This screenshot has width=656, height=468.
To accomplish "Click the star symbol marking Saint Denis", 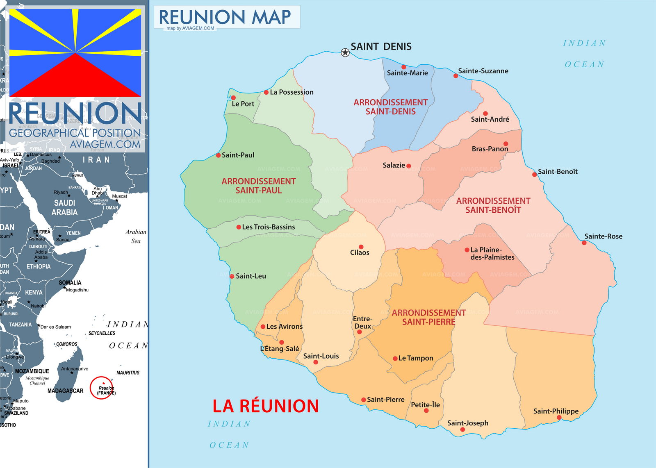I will [345, 52].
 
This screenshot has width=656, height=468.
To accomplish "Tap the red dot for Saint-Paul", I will [219, 155].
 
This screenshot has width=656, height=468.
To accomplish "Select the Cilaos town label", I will [360, 252].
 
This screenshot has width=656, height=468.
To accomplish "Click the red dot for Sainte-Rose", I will [584, 243].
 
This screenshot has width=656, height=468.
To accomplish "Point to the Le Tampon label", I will [416, 358].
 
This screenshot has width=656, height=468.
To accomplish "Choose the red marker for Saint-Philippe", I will [559, 418].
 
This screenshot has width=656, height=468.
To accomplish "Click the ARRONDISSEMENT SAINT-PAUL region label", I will [259, 186].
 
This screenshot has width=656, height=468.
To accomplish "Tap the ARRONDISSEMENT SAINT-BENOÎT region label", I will [493, 205].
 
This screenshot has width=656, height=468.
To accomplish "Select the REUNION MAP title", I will [225, 17].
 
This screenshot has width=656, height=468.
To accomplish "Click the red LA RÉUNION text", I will [266, 406].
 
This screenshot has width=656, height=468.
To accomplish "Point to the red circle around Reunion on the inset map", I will [101, 388].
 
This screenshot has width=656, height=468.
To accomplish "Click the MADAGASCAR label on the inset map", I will [65, 391].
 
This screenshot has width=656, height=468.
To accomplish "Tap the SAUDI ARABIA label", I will [64, 207].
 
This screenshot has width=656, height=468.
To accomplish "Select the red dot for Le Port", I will [233, 98].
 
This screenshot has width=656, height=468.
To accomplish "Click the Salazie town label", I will [394, 165].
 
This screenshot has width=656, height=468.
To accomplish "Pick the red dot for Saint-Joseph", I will [462, 429].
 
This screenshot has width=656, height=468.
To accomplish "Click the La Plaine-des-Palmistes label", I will [492, 253].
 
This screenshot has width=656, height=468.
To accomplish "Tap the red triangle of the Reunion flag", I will [75, 78].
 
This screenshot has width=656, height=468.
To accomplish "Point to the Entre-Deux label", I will [362, 323].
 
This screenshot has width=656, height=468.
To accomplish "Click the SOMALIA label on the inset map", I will [70, 283].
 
